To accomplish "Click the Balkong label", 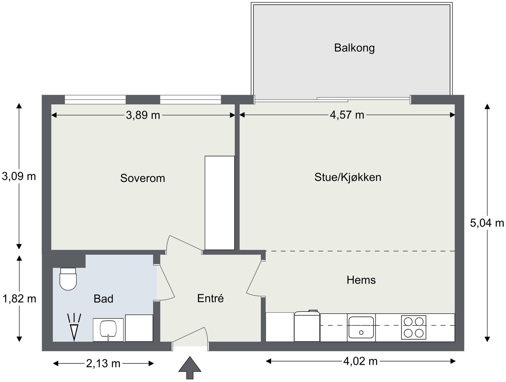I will coord(354,48).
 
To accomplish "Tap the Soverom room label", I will coord(143,178).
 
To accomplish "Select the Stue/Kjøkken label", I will coord(348,177).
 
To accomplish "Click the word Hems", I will coord(361,280).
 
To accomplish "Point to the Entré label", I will coord(210,298).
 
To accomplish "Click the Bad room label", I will coord(103,299).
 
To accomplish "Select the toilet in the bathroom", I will coord(68,279).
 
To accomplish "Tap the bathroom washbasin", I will coord(108,329).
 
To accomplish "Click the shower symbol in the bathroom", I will coord(74,327).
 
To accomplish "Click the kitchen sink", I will coord(361,327).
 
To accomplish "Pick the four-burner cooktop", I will coord(414,327).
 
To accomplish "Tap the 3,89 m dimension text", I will coord(143,115).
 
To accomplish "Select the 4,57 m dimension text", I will coord(347,115).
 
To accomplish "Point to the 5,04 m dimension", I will coord(487,223).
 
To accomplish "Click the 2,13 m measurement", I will coord(103,364).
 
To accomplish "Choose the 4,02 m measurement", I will coord(360,361).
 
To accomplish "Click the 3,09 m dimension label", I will coord(19,176).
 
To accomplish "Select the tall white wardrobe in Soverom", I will coord(219,203).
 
